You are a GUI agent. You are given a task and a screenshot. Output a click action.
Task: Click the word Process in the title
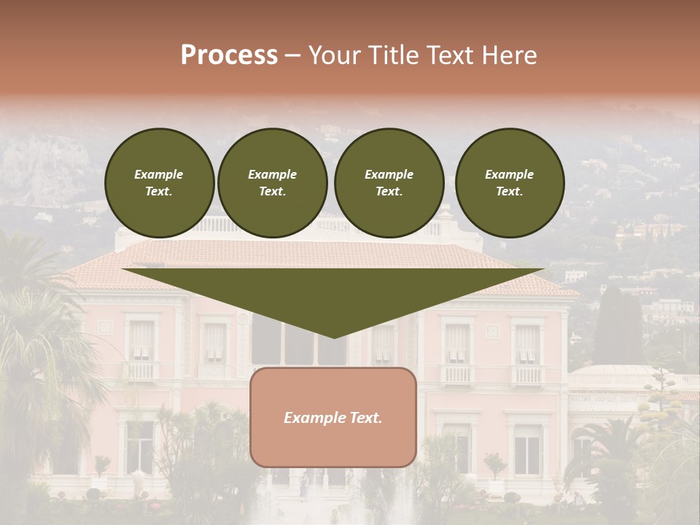click(x=229, y=55)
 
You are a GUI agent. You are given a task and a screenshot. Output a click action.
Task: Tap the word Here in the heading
click(x=509, y=55)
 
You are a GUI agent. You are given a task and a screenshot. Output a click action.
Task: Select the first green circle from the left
click(x=160, y=183)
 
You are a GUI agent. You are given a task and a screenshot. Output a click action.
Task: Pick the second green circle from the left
click(x=273, y=183)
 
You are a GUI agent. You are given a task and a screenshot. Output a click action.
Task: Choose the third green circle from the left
click(x=389, y=183)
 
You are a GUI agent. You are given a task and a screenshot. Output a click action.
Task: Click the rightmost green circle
click(x=510, y=183)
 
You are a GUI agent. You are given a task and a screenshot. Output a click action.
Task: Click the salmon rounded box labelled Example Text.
click(x=333, y=417)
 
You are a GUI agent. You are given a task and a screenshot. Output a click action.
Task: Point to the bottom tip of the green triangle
click(x=334, y=338)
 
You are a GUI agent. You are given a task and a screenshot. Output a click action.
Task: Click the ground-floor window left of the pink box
click(x=139, y=446)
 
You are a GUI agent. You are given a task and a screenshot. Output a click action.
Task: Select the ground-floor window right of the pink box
click(x=526, y=448)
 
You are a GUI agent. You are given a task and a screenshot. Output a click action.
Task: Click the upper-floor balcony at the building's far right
click(x=527, y=374)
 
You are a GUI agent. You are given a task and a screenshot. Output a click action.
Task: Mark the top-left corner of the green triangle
click(x=122, y=269)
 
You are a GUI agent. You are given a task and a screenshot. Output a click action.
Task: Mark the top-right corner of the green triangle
click(x=544, y=269)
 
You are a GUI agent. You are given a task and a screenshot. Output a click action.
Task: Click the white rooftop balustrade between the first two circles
click(x=216, y=225)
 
